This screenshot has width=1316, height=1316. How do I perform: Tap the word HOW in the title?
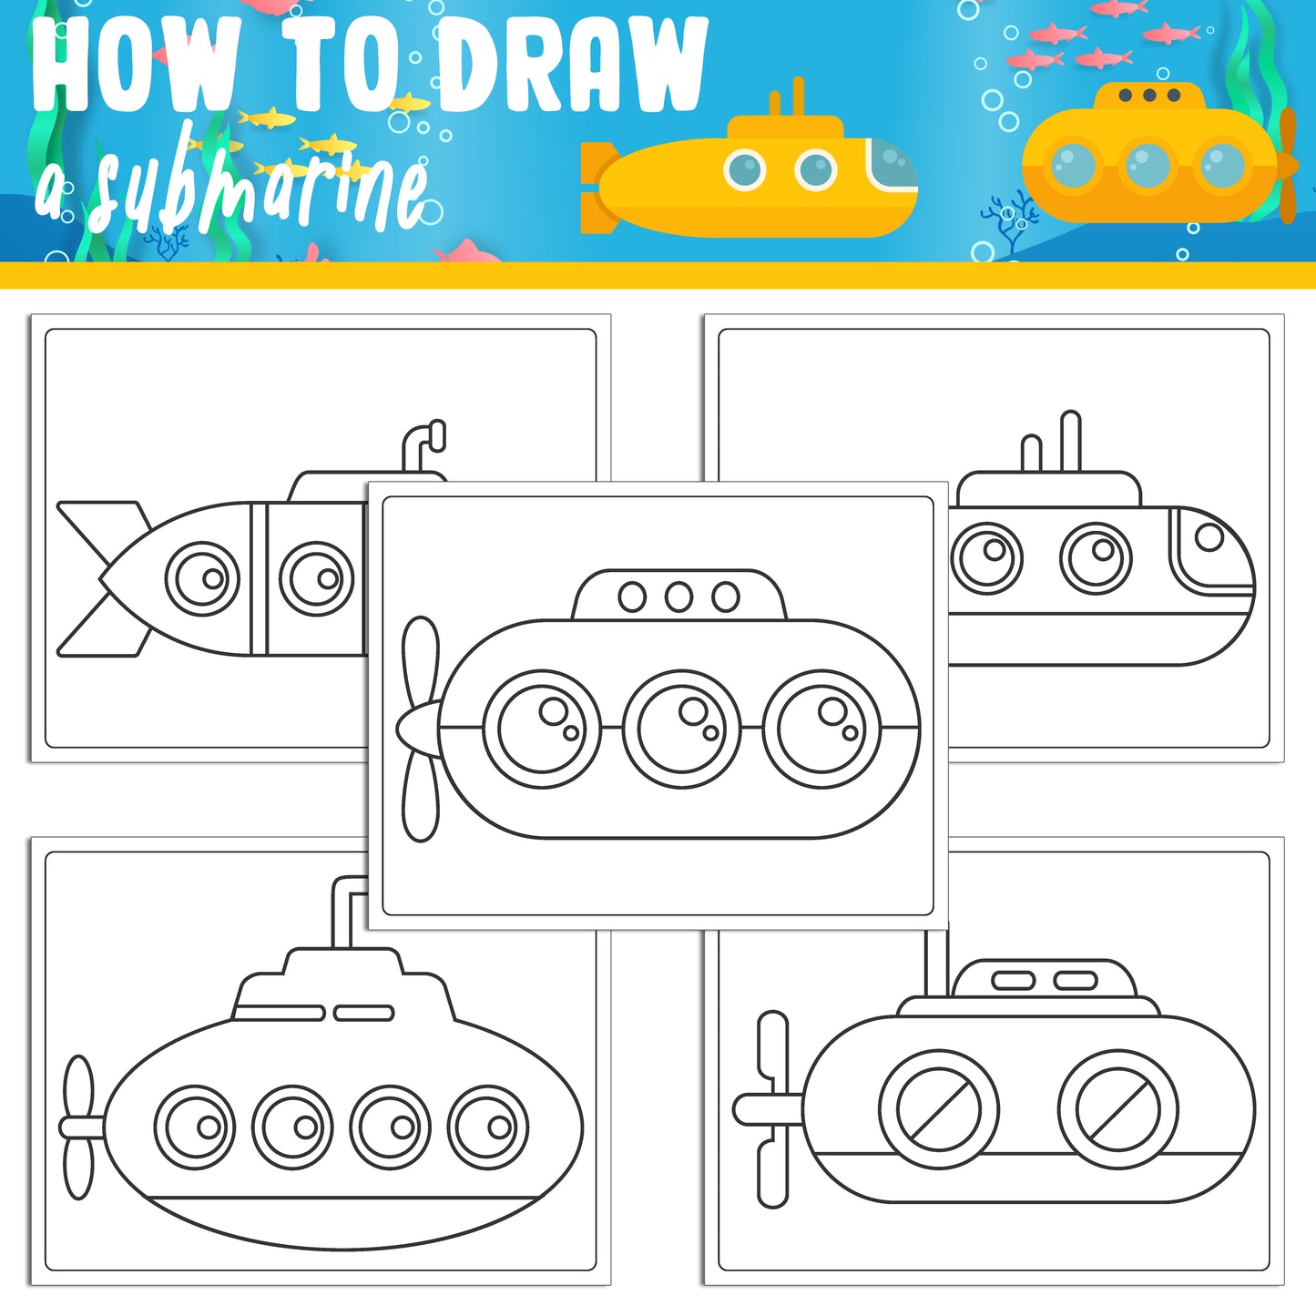click(x=137, y=66)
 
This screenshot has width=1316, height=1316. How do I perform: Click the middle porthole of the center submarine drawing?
click(x=682, y=729)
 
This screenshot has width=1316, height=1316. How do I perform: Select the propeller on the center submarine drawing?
click(x=420, y=729)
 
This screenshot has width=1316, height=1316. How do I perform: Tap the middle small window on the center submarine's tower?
click(x=678, y=597)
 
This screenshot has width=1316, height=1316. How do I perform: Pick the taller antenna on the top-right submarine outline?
click(x=1071, y=442)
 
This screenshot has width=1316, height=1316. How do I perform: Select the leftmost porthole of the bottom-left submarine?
click(x=195, y=1127)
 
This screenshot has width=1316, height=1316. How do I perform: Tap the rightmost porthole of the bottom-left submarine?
click(x=488, y=1127)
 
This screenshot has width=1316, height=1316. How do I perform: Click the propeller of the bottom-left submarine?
click(x=79, y=1127)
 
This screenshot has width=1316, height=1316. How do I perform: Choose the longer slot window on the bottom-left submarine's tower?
click(x=279, y=1013)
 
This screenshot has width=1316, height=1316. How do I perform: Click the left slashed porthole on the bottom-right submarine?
click(x=938, y=1109)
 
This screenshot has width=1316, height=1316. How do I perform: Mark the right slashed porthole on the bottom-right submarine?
click(x=1117, y=1109)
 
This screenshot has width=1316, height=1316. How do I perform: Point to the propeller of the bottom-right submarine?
click(x=772, y=1109)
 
